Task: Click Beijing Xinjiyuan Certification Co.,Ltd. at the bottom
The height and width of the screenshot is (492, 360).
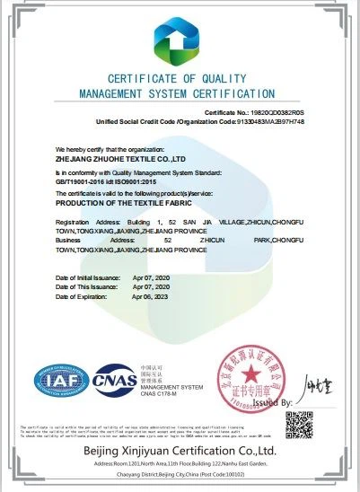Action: [x=180, y=448]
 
